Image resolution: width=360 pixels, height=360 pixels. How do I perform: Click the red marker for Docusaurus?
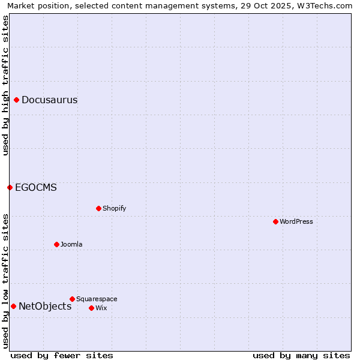tap(17, 100)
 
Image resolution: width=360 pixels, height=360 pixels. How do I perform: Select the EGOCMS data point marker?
tap(10, 187)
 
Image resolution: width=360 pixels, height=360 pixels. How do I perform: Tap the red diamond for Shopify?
tap(98, 208)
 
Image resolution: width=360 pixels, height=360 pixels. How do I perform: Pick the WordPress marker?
tap(275, 221)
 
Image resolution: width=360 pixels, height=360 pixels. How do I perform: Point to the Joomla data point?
tap(56, 244)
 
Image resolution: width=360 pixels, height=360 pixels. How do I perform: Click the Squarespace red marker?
tap(72, 299)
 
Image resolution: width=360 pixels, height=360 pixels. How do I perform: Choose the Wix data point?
tap(91, 308)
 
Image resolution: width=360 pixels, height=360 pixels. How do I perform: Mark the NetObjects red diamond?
tap(13, 306)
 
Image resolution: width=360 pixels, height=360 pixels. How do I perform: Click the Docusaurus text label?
tap(49, 100)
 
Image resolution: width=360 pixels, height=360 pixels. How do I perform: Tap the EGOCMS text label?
tap(36, 187)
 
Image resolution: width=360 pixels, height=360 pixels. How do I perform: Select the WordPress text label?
tap(296, 221)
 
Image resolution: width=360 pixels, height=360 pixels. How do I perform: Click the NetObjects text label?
tap(45, 306)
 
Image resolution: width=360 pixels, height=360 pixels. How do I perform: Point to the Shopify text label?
tap(114, 208)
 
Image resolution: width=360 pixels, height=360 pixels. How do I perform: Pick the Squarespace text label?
tap(97, 299)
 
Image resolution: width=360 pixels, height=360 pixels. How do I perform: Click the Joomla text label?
tap(71, 244)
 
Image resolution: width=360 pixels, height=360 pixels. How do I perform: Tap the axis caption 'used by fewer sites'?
tap(62, 355)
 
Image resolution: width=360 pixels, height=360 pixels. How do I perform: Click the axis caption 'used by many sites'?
tap(301, 355)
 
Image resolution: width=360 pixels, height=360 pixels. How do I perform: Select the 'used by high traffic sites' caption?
tap(5, 85)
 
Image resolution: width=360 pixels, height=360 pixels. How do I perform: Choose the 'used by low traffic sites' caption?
tap(5, 280)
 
